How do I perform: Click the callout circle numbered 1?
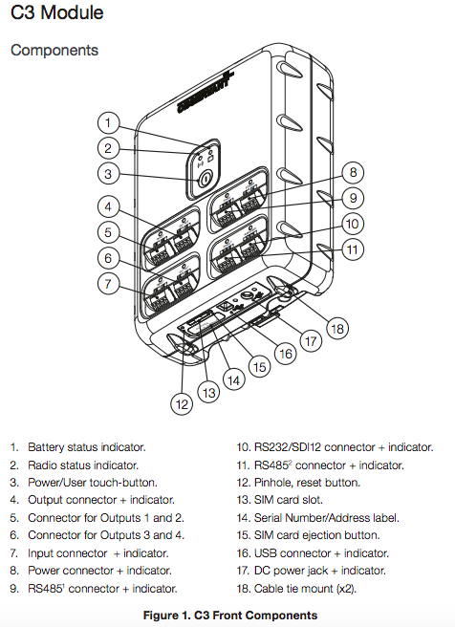point(110,122)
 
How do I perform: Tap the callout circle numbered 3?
point(110,174)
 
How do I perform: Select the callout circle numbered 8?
point(353,173)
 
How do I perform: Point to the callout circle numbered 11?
point(353,250)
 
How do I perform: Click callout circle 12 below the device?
point(182,403)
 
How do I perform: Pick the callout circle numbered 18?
point(335,326)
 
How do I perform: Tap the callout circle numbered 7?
point(110,283)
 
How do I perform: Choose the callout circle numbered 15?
point(258,366)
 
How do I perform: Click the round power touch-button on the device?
point(205,179)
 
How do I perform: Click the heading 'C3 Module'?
point(57,13)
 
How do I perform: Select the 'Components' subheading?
point(54,50)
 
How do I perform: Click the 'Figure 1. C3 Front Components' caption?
point(229,615)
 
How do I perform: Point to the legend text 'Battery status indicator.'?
point(86,446)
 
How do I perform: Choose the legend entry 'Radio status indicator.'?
point(82,465)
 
